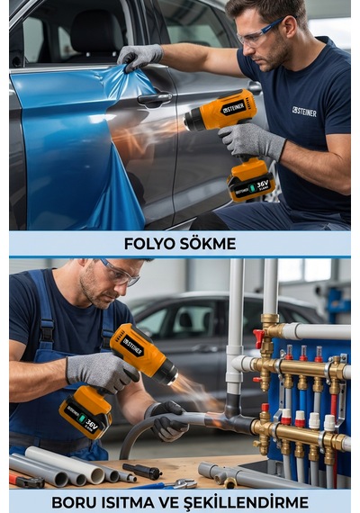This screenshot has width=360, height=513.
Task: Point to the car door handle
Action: click(155, 98)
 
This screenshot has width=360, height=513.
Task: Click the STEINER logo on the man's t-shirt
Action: click(304, 112)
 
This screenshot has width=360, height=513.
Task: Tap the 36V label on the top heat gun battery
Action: click(262, 184)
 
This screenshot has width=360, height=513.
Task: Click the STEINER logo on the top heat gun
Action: click(233, 108)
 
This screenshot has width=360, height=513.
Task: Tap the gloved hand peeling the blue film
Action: click(139, 57)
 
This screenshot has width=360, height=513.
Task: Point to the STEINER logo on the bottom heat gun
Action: click(132, 346)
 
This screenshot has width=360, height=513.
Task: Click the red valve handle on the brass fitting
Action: click(258, 337)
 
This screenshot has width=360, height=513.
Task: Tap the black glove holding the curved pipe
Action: click(167, 420)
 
